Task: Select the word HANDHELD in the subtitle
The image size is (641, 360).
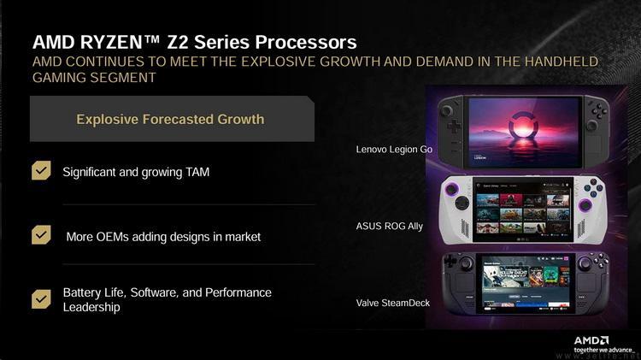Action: click(556, 62)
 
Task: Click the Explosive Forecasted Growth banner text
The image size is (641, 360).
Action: click(170, 119)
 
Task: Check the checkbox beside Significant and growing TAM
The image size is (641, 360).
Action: click(41, 171)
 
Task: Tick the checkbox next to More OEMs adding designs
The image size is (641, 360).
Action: click(41, 235)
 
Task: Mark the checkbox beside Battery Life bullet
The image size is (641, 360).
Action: click(41, 298)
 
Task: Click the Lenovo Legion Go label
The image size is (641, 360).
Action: click(394, 150)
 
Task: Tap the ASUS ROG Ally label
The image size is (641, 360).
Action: click(389, 227)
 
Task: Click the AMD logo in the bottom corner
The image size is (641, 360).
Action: click(591, 340)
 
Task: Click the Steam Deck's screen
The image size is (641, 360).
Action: click(521, 281)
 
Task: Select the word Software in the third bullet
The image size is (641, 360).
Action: click(153, 292)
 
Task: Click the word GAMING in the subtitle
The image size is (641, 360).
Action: click(60, 77)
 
